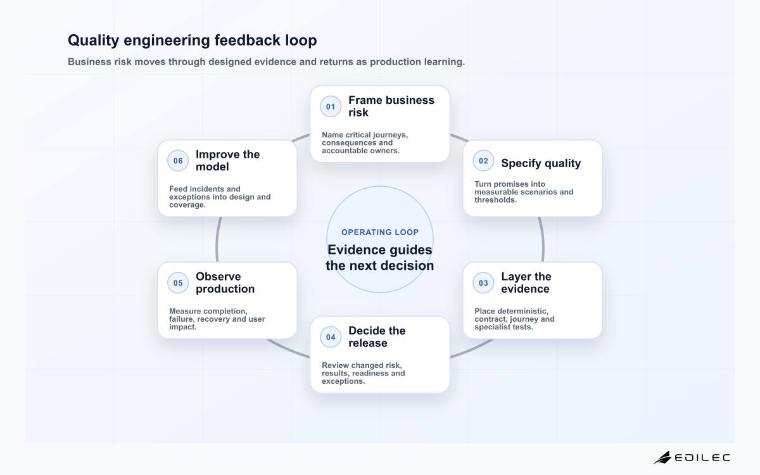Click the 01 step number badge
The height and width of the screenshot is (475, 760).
click(x=331, y=106)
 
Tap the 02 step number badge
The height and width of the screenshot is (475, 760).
click(x=483, y=161)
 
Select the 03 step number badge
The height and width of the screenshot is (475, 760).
click(x=483, y=283)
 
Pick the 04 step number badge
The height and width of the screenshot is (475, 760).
click(x=331, y=337)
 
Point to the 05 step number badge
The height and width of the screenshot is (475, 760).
click(x=178, y=283)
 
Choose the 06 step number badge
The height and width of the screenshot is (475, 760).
click(x=178, y=161)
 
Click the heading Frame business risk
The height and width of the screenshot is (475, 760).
click(x=391, y=106)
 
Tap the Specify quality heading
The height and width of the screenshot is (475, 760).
click(x=541, y=163)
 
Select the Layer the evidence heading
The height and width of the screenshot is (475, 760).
click(x=526, y=282)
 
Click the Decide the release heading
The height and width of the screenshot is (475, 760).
click(x=377, y=337)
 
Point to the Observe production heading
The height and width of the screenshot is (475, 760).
click(x=225, y=282)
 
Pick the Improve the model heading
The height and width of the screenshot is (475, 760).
click(x=227, y=160)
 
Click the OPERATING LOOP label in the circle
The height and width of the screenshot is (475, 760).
click(x=380, y=232)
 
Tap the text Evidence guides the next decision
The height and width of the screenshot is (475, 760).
click(x=380, y=258)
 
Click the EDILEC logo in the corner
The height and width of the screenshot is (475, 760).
click(x=692, y=458)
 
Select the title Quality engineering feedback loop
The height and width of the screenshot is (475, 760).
click(x=193, y=40)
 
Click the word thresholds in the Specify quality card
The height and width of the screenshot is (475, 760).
click(x=495, y=200)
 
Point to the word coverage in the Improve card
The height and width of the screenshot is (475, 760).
click(x=187, y=205)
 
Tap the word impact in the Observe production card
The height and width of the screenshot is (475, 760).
click(x=183, y=327)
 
